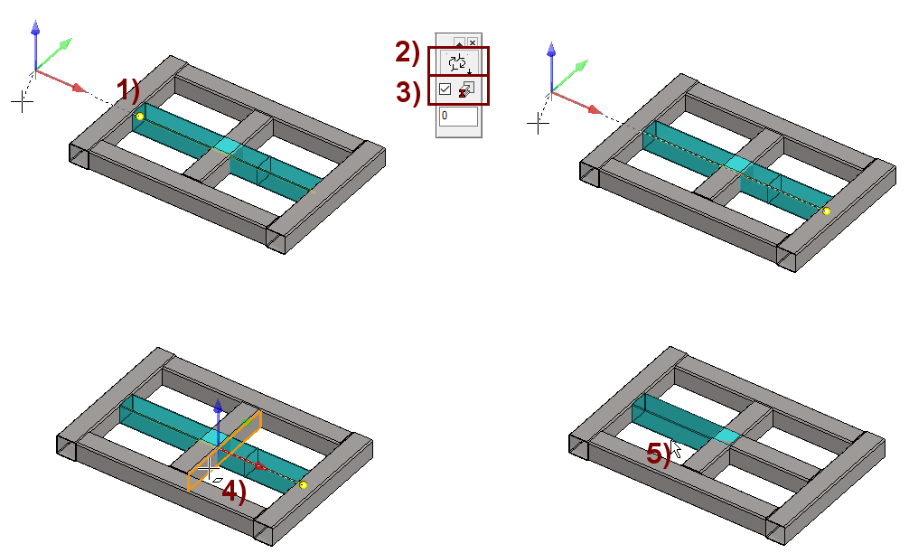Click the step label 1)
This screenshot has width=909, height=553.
click(128, 90)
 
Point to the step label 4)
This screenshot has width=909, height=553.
click(234, 492)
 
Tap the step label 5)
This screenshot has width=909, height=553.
click(659, 454)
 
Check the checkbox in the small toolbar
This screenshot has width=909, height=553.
click(445, 89)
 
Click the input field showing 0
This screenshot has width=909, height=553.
click(458, 116)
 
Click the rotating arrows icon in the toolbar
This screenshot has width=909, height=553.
click(458, 62)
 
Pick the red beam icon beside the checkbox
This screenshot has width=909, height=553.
click(466, 89)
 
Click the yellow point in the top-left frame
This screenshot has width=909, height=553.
click(140, 117)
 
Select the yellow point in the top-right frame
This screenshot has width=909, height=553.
click(827, 211)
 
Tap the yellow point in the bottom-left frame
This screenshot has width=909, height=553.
click(304, 484)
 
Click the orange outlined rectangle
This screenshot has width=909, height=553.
click(224, 451)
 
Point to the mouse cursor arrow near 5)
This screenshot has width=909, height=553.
click(675, 448)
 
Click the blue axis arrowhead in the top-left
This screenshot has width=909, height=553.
click(35, 28)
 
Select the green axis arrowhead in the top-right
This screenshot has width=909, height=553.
click(582, 65)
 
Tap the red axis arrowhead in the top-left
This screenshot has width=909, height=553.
click(79, 88)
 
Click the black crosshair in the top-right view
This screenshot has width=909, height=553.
click(538, 124)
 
